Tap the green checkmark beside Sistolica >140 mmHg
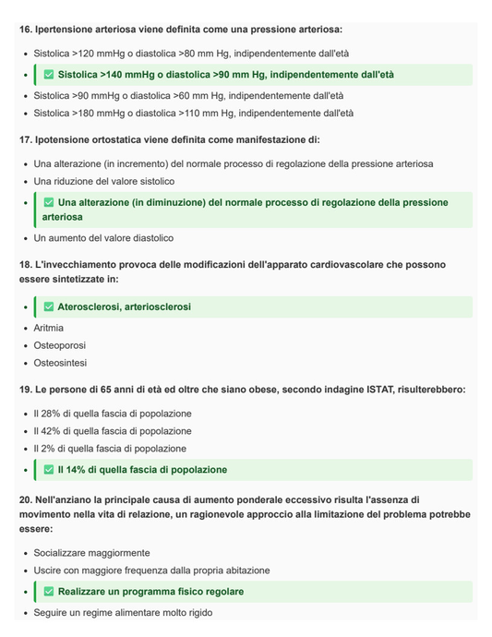click(x=49, y=75)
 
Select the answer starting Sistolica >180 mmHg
click(x=193, y=114)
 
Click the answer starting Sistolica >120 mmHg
click(x=191, y=54)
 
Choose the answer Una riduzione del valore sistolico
click(x=103, y=182)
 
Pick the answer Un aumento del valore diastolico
click(x=103, y=238)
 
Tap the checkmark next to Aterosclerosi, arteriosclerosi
click(x=49, y=306)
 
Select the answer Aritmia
click(x=49, y=328)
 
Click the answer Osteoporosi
click(x=60, y=345)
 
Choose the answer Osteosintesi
click(x=60, y=363)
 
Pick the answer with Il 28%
click(x=113, y=414)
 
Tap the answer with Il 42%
click(x=113, y=431)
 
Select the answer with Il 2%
click(x=110, y=449)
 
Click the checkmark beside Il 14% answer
click(x=49, y=470)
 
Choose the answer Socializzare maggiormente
click(x=91, y=553)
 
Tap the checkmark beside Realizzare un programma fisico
click(x=49, y=592)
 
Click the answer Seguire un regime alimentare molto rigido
click(x=123, y=612)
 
